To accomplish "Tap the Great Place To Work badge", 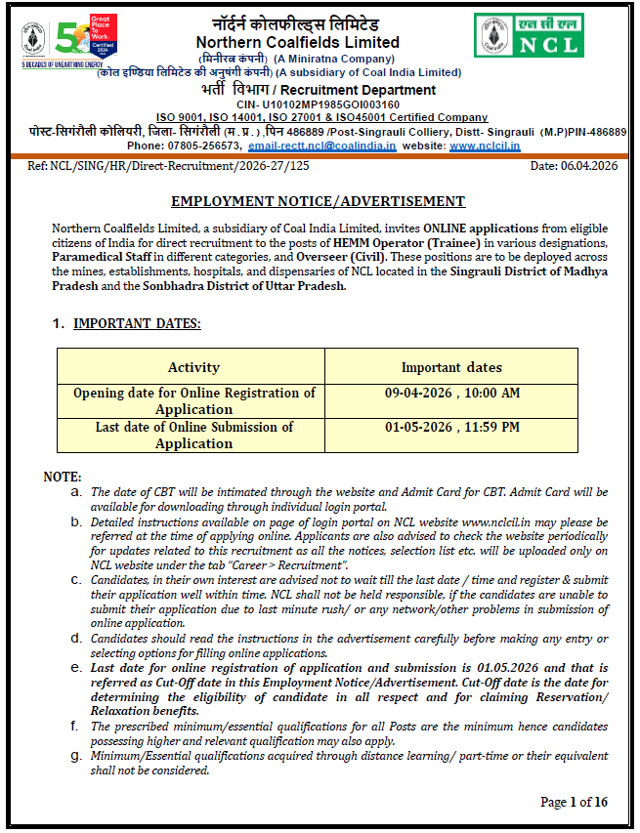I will tap(102, 35).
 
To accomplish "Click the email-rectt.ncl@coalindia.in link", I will tap(321, 146).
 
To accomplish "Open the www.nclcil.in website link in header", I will tap(485, 146).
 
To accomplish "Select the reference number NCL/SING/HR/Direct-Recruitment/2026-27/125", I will tap(184, 166).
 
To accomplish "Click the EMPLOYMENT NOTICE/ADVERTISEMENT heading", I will tap(318, 201).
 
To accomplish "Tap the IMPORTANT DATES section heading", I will tap(137, 323).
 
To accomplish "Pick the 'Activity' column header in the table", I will tap(193, 367).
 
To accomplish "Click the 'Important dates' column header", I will tap(451, 367).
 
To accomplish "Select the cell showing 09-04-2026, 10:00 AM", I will tap(451, 393).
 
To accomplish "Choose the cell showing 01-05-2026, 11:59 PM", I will tap(451, 427).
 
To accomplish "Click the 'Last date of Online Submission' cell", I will tap(193, 435).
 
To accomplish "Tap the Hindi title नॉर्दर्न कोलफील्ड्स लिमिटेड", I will tap(296, 23).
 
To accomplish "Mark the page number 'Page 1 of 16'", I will tap(574, 802).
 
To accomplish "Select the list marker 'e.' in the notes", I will tap(75, 667).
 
